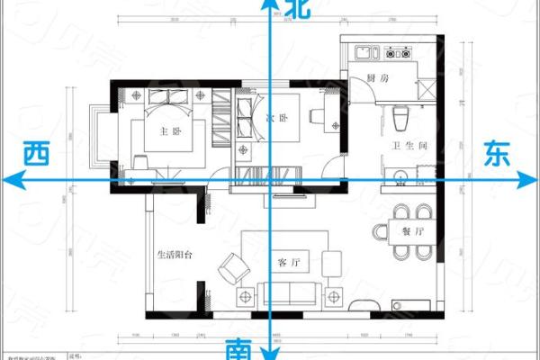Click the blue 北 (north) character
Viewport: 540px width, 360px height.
[x=297, y=11]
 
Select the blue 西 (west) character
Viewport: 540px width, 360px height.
[x=36, y=154]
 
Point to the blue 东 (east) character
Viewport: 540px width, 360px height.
[x=497, y=154]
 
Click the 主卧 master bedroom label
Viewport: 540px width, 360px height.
[x=169, y=130]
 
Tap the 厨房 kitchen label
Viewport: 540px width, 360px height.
[x=377, y=79]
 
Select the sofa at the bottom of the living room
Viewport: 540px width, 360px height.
[x=288, y=292]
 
